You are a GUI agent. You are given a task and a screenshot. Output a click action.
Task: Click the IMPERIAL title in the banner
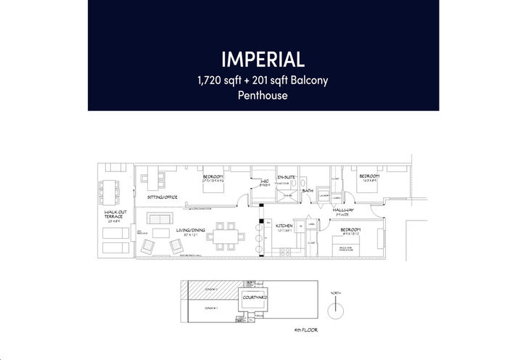[263, 57]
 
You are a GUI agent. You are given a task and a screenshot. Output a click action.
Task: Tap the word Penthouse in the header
[263, 95]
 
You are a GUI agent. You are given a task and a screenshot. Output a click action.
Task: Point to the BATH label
[308, 192]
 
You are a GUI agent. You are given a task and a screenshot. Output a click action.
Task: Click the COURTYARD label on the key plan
[255, 298]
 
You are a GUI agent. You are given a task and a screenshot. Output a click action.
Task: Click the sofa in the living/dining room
[160, 218]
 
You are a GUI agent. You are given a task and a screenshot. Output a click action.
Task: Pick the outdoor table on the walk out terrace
[115, 190]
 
